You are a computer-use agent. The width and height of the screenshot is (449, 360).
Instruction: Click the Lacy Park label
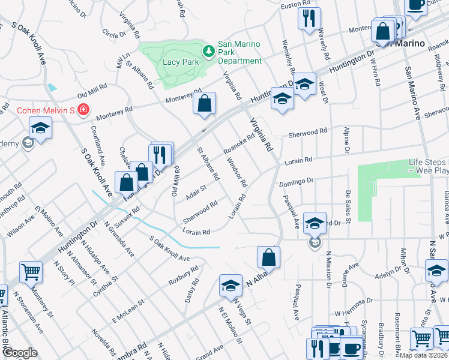[x=181, y=62]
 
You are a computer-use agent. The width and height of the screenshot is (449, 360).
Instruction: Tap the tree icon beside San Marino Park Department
[x=208, y=52]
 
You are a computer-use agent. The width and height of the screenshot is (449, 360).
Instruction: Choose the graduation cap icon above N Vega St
[x=231, y=285]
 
